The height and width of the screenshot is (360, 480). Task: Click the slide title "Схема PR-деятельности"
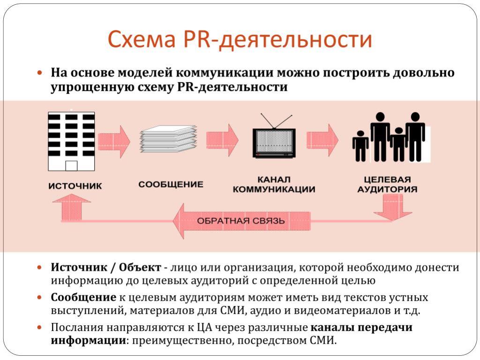240,40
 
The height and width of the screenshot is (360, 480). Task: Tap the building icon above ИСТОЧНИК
71,141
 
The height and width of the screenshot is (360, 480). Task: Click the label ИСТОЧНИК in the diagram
75,186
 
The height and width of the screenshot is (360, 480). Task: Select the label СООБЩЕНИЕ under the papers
171,184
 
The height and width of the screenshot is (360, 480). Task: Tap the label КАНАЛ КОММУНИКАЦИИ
274,185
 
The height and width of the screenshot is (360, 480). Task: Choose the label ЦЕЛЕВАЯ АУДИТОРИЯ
387,184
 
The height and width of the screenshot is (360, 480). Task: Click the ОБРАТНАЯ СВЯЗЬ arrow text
240,221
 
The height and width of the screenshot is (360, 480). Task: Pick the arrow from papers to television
222,139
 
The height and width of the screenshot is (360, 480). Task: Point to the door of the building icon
71,165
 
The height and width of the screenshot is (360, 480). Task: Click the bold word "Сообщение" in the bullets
83,298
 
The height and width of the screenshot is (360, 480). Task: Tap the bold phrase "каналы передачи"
361,328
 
